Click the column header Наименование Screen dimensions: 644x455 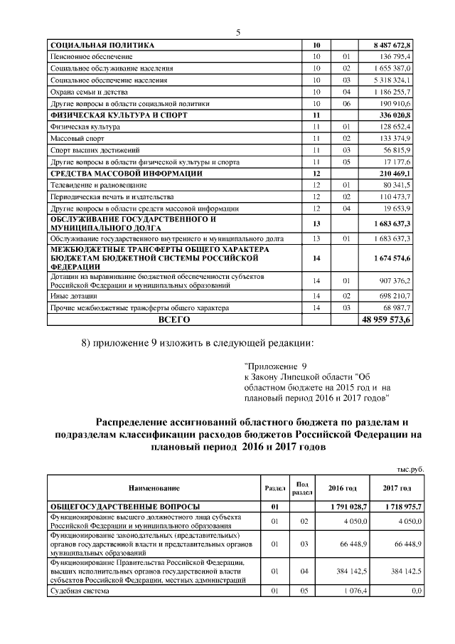pos(154,488)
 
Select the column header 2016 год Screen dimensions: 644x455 pos(342,488)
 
